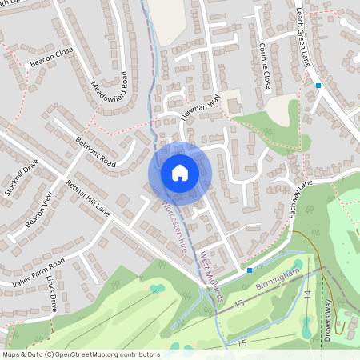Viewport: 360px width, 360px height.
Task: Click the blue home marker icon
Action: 180,173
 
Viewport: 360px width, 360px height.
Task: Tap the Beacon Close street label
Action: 52,56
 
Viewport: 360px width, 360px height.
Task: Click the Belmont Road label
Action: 96,153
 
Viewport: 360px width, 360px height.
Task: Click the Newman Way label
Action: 201,109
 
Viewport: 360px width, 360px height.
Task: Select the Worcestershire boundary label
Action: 174,227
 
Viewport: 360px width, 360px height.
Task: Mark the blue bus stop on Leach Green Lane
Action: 318,85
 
